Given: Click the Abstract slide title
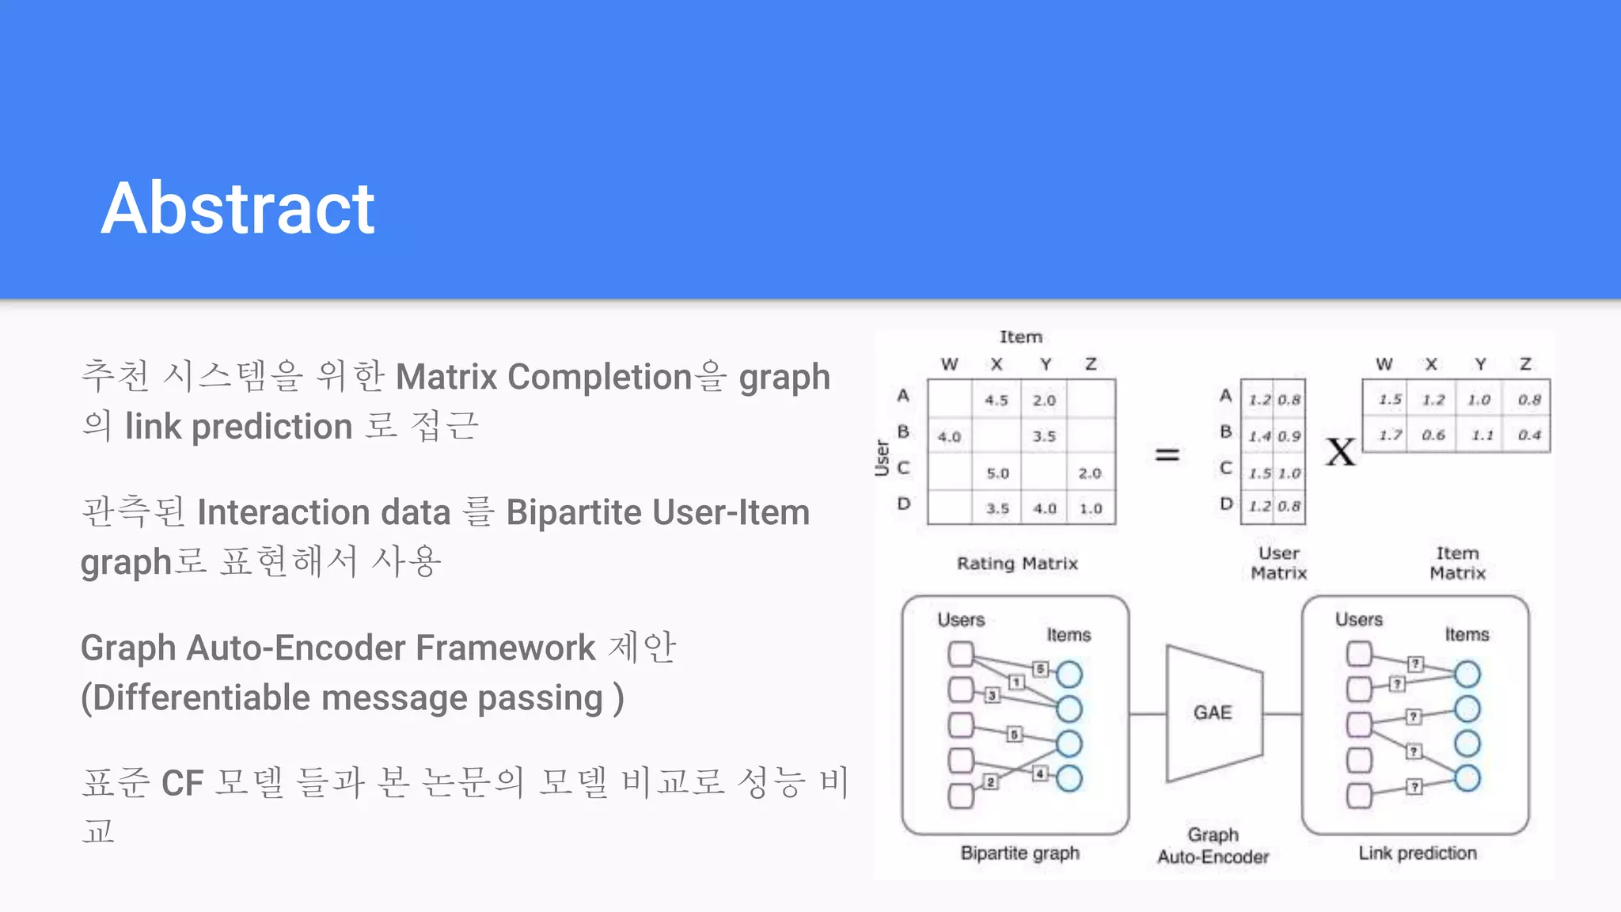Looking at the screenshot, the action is [237, 208].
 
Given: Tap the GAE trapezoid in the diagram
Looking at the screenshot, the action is [1213, 712].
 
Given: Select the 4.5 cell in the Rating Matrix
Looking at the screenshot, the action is [997, 401].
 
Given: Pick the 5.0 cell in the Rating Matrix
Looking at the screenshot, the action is [997, 473].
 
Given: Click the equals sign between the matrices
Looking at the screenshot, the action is [1167, 454].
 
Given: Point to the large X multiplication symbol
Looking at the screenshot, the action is [1341, 453].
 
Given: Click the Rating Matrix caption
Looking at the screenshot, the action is [1017, 564].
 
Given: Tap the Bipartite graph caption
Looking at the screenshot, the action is [1019, 853].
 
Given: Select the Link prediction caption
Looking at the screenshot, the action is [1417, 853].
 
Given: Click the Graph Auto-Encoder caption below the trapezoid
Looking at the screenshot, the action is [1213, 845].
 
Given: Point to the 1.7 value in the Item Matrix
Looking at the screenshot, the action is [1390, 435].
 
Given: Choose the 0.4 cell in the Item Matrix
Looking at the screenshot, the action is [1529, 435].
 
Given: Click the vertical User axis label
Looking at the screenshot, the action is [882, 458].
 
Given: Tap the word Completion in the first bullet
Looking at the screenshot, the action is [600, 377].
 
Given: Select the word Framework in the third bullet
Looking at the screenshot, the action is [505, 648].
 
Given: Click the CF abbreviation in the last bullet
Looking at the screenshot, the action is [182, 783].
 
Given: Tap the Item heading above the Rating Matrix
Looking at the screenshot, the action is [1020, 337].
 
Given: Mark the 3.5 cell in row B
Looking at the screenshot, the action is [1044, 436].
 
